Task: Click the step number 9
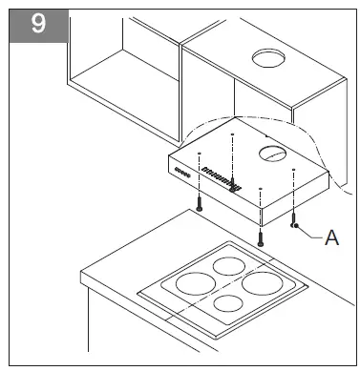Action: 37,23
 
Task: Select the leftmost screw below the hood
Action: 198,201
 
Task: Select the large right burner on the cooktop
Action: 265,283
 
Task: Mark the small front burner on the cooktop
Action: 228,304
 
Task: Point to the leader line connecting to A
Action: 312,234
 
